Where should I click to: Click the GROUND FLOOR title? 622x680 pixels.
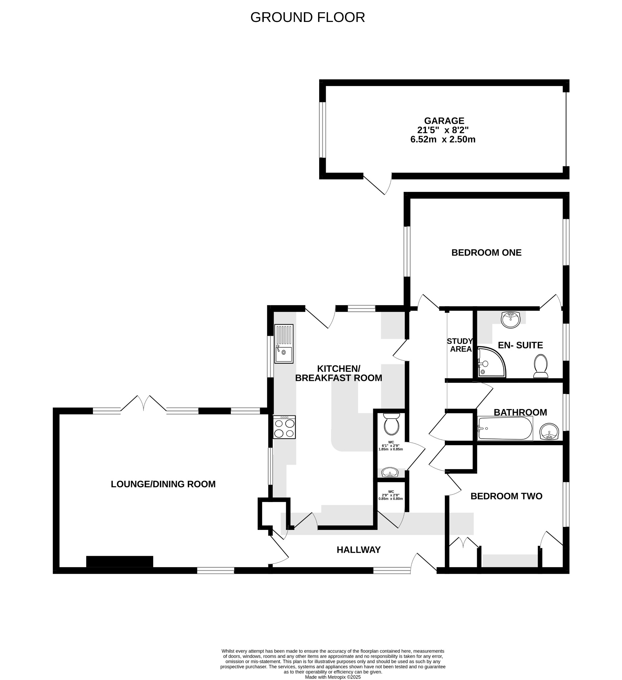307,17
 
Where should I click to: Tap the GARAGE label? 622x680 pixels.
444,121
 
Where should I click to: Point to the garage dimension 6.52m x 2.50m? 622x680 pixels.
443,139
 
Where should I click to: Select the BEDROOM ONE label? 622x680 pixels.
486,253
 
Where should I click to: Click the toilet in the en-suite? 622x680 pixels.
540,366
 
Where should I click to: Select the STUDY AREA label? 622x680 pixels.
460,345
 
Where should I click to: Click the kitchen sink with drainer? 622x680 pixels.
284,343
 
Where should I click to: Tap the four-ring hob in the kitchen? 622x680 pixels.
284,427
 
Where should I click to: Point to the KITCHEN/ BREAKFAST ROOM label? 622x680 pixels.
338,373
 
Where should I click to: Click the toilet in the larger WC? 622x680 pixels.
391,425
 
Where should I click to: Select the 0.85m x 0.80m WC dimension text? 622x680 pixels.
390,498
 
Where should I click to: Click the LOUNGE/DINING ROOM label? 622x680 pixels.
163,484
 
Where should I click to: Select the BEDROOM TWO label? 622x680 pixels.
506,496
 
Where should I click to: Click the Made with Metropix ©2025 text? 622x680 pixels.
333,677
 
